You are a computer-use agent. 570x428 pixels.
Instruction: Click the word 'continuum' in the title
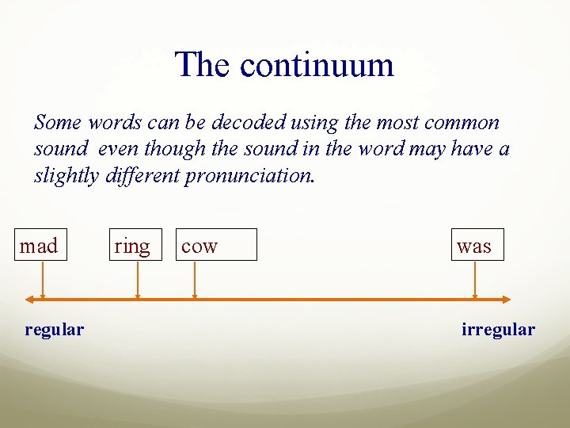click(317, 64)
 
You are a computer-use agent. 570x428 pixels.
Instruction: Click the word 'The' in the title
click(203, 64)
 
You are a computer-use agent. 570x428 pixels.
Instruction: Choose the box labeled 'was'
click(477, 245)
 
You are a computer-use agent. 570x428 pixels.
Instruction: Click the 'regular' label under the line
click(54, 329)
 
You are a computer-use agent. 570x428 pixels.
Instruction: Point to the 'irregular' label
click(498, 329)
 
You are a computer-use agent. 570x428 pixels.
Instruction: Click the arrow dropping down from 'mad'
click(43, 280)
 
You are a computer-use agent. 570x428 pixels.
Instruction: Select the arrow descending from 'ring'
click(138, 280)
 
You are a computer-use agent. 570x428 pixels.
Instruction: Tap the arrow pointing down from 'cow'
click(194, 280)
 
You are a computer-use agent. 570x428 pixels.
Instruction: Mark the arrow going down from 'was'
click(475, 280)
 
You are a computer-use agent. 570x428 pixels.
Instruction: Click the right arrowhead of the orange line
click(507, 300)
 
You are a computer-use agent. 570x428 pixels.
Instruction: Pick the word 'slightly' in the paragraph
click(66, 176)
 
